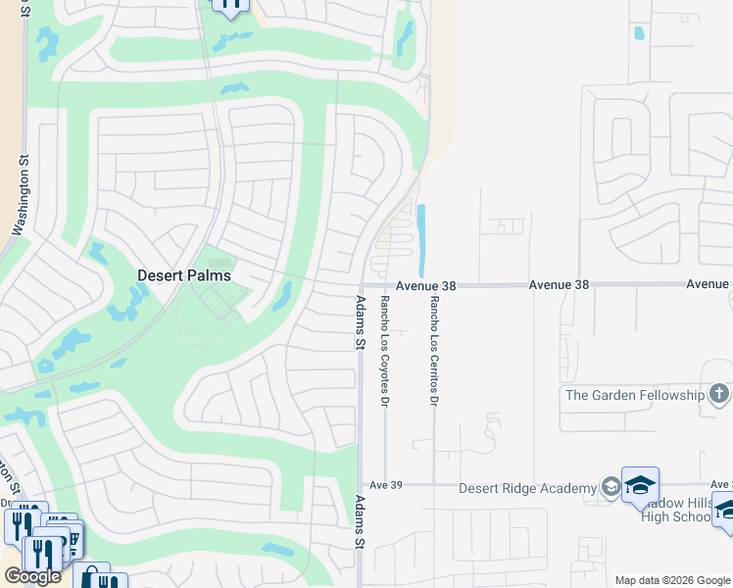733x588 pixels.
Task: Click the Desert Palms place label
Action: tap(183, 275)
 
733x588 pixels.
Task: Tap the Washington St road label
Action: tap(22, 194)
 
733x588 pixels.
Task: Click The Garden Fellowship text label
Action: tap(634, 395)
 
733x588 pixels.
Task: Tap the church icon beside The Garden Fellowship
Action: tap(719, 395)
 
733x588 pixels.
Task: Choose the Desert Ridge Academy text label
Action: tap(527, 488)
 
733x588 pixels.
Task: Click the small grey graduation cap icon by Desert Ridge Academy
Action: tap(610, 487)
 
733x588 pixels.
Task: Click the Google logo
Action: tap(32, 576)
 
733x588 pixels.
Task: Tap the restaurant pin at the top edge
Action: tap(230, 6)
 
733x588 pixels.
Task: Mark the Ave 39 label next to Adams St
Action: tap(380, 485)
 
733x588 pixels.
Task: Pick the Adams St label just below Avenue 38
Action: tap(360, 323)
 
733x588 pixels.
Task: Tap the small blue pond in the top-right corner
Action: tap(640, 32)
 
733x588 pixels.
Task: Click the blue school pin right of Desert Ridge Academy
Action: tap(640, 484)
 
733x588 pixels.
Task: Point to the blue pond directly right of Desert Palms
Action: tap(283, 296)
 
